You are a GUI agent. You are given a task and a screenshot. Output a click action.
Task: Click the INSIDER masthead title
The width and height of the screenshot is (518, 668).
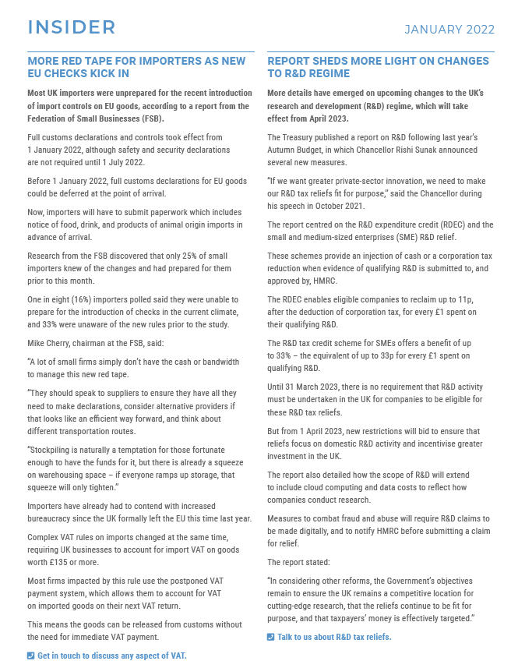click(x=72, y=27)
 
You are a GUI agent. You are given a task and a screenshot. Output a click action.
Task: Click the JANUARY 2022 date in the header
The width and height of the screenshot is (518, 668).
click(x=449, y=30)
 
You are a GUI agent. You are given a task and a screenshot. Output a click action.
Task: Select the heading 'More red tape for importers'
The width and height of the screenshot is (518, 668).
click(x=136, y=67)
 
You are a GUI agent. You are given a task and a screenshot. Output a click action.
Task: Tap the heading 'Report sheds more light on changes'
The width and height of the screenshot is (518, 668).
click(x=378, y=67)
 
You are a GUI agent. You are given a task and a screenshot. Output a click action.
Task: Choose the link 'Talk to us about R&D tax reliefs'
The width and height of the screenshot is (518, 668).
click(x=334, y=637)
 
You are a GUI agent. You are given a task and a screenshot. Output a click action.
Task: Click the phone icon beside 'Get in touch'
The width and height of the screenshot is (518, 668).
click(x=31, y=656)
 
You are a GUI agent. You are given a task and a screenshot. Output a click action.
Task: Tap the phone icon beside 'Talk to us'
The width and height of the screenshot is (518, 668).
click(x=271, y=637)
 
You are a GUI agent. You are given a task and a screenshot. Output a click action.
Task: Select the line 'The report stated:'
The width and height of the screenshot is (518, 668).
click(x=300, y=562)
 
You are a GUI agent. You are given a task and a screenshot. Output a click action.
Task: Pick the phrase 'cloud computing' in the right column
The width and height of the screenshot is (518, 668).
click(x=332, y=487)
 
